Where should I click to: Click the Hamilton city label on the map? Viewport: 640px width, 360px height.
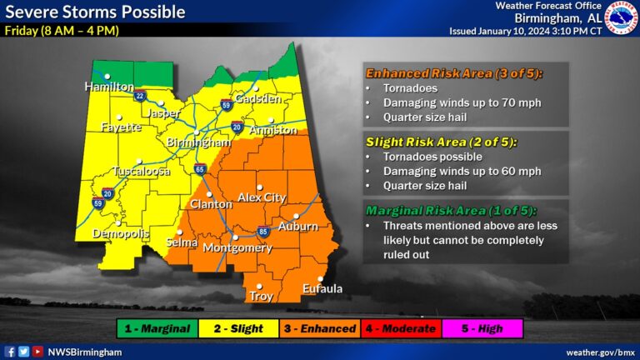(x=109, y=87)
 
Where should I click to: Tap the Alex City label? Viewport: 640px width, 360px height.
(x=262, y=197)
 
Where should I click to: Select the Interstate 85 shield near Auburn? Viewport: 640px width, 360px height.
(x=262, y=231)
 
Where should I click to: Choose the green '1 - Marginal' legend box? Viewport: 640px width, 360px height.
(x=157, y=328)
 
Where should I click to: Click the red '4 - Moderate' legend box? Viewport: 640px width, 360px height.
(x=402, y=328)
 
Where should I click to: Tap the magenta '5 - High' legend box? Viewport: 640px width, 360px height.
(x=482, y=328)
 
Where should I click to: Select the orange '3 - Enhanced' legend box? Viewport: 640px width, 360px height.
(x=321, y=328)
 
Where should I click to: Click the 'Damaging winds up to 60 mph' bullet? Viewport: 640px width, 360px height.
(x=462, y=171)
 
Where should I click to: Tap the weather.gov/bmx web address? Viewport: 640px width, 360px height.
(x=600, y=352)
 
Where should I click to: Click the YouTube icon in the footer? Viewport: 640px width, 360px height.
(x=37, y=352)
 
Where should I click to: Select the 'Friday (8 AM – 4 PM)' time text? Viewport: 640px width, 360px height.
(x=62, y=31)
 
